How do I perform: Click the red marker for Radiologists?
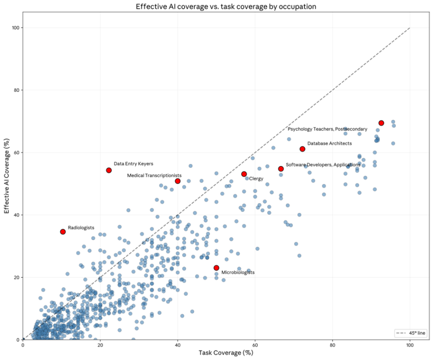[x=63, y=232]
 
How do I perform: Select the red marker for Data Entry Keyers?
[x=109, y=170]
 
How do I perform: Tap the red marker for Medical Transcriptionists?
[x=178, y=181]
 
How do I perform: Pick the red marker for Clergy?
[x=244, y=174]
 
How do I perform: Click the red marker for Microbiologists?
[x=216, y=268]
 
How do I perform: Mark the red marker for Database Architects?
[x=303, y=149]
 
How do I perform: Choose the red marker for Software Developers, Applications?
[x=281, y=168]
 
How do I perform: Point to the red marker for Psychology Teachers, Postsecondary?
[x=381, y=123]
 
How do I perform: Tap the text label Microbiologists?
[x=238, y=272]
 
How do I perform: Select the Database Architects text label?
[x=329, y=144]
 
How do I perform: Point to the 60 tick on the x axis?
[x=255, y=345]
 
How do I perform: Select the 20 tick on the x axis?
[x=100, y=345]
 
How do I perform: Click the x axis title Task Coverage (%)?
[x=216, y=353]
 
